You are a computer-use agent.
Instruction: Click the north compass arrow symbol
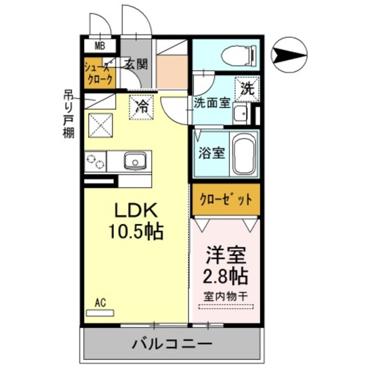click(290, 56)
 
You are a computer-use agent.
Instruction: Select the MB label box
click(100, 46)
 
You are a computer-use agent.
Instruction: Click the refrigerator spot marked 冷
click(141, 107)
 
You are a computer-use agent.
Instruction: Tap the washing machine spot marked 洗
click(247, 89)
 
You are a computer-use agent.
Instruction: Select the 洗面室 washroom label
click(212, 104)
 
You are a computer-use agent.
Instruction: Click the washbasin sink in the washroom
click(240, 113)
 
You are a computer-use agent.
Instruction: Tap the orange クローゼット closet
click(225, 199)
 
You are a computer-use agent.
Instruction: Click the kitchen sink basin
click(135, 161)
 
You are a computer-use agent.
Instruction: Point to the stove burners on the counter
click(95, 162)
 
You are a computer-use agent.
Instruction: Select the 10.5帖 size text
click(136, 232)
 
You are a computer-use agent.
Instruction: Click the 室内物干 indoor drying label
click(225, 297)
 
